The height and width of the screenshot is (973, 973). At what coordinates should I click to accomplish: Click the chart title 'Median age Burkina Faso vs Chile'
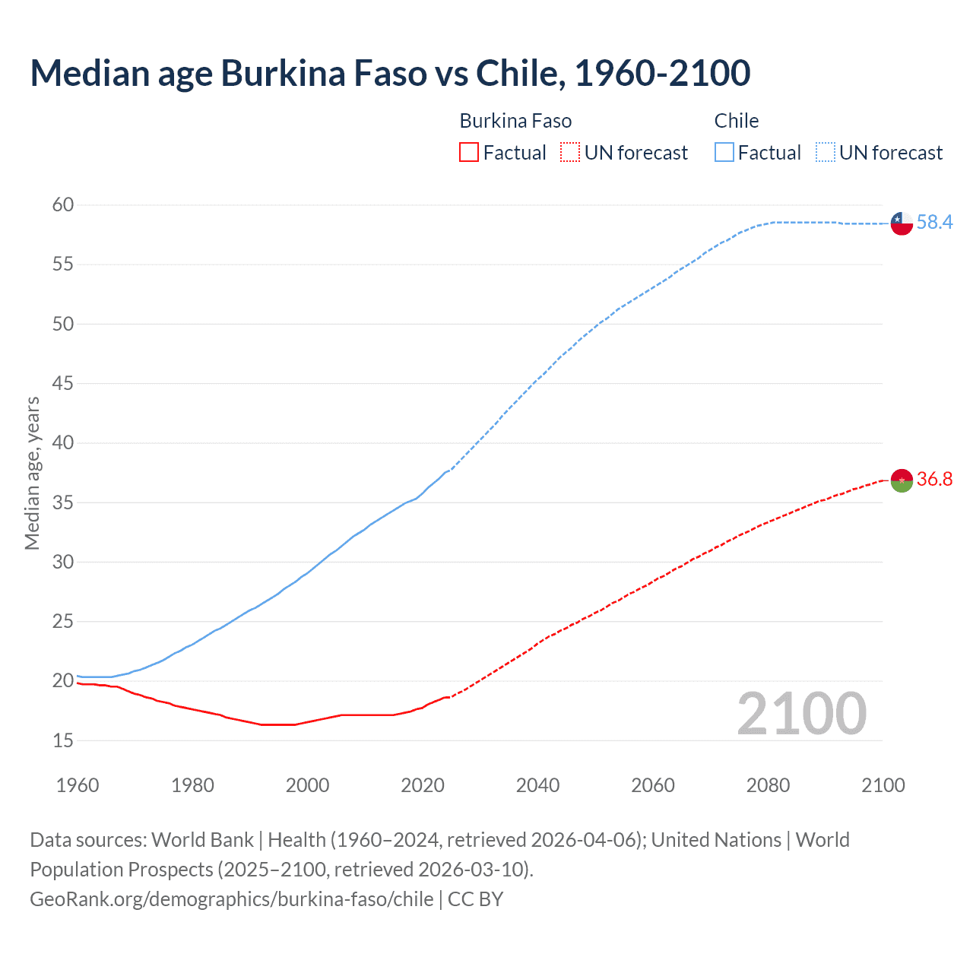(x=390, y=73)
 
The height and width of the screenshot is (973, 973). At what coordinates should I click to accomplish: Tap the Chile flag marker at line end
(x=902, y=223)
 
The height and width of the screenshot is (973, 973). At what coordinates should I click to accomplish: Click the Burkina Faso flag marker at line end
(x=902, y=480)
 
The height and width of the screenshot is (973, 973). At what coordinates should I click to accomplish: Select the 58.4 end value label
(x=934, y=222)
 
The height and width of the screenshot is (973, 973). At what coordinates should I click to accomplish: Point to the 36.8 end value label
(x=934, y=479)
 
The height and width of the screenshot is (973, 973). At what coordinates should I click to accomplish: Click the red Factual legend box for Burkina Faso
(x=469, y=153)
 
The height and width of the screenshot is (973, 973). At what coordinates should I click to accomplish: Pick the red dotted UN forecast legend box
(x=570, y=153)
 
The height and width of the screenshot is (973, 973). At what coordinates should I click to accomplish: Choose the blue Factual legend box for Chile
(x=724, y=153)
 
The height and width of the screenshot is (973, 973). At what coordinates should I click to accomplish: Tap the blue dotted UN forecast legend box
(x=826, y=153)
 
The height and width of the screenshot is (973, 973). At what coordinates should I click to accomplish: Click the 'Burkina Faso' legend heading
(x=515, y=121)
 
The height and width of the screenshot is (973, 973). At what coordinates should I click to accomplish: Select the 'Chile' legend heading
(x=737, y=121)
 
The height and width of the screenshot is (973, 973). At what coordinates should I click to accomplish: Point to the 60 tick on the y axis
(x=63, y=204)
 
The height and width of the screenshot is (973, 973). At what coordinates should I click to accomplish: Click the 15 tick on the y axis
(x=63, y=740)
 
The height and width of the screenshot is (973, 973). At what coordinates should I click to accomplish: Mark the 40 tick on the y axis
(x=63, y=442)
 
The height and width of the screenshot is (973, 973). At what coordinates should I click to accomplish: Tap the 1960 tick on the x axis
(x=78, y=785)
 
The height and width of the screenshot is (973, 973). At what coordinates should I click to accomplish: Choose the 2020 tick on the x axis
(x=423, y=785)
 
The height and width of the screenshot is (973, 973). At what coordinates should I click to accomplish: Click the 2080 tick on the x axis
(x=768, y=785)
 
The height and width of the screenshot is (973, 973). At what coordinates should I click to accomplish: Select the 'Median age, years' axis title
(x=32, y=473)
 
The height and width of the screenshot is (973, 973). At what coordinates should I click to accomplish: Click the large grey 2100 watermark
(x=802, y=714)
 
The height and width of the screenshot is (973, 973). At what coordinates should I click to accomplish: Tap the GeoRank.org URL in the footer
(x=232, y=899)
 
